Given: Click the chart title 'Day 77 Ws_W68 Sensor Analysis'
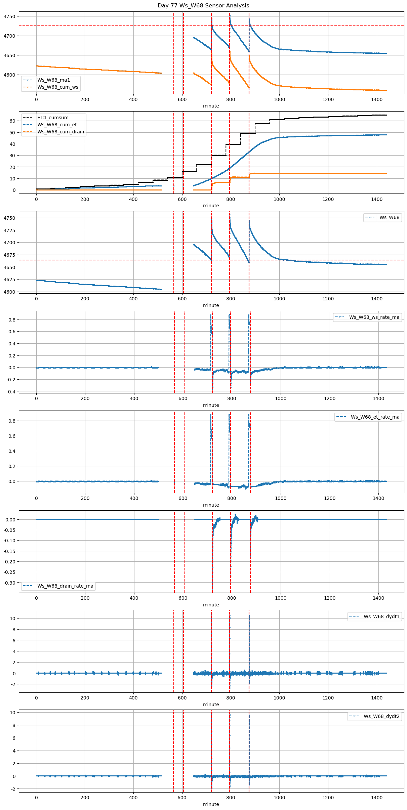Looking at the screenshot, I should coord(203,6).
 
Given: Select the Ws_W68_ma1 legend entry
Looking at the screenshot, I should coord(53,80).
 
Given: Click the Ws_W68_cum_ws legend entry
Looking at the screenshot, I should coord(57,87).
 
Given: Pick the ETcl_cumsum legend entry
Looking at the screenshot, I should coord(53,118).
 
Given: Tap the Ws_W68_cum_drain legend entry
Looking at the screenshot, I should coord(60,132).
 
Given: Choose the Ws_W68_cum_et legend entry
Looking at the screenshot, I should coord(57,125).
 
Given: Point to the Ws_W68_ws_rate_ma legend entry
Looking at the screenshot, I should coord(374,317).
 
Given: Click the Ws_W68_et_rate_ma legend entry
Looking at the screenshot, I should coord(375,417).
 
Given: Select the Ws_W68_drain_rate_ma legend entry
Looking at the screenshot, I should coord(65,586).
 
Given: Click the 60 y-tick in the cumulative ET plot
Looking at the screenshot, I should coord(12,121).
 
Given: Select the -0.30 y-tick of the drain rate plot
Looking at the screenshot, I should coord(9,583).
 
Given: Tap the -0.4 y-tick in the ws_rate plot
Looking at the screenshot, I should coord(11,392).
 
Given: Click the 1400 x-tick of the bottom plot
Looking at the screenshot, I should coord(377,798).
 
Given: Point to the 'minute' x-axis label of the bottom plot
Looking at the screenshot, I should coord(211,804).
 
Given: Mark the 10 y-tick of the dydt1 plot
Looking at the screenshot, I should coord(12,619).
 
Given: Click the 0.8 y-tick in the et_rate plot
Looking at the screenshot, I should coord(12,421).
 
